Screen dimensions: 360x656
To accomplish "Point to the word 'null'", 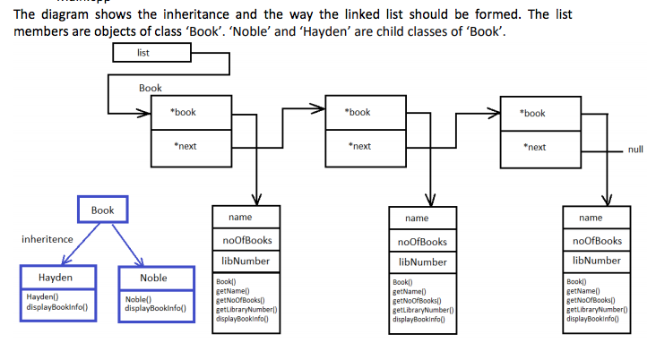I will pyautogui.click(x=635, y=150).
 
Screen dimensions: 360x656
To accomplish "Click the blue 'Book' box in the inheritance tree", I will pyautogui.click(x=103, y=210).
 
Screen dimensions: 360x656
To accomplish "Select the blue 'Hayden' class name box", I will pyautogui.click(x=56, y=278).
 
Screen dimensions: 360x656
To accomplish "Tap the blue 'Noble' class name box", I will pyautogui.click(x=155, y=279).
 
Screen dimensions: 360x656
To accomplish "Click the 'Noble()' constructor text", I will pyautogui.click(x=139, y=298).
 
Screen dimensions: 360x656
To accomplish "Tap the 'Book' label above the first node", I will pyautogui.click(x=151, y=89).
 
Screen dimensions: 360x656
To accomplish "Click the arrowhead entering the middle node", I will pyautogui.click(x=319, y=110).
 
